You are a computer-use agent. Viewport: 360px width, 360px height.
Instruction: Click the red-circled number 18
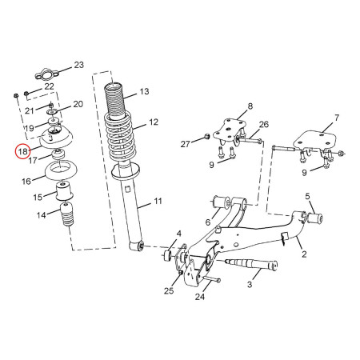tap(23, 150)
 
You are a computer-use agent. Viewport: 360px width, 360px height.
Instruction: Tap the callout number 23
tap(78, 64)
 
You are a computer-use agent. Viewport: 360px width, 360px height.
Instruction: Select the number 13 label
tap(143, 92)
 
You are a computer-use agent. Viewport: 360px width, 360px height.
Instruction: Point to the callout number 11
tap(158, 201)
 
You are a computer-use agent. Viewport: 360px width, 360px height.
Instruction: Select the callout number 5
tap(307, 196)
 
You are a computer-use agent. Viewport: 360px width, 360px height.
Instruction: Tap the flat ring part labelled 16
tap(60, 172)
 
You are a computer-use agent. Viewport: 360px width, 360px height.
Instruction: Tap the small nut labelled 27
tap(205, 141)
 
